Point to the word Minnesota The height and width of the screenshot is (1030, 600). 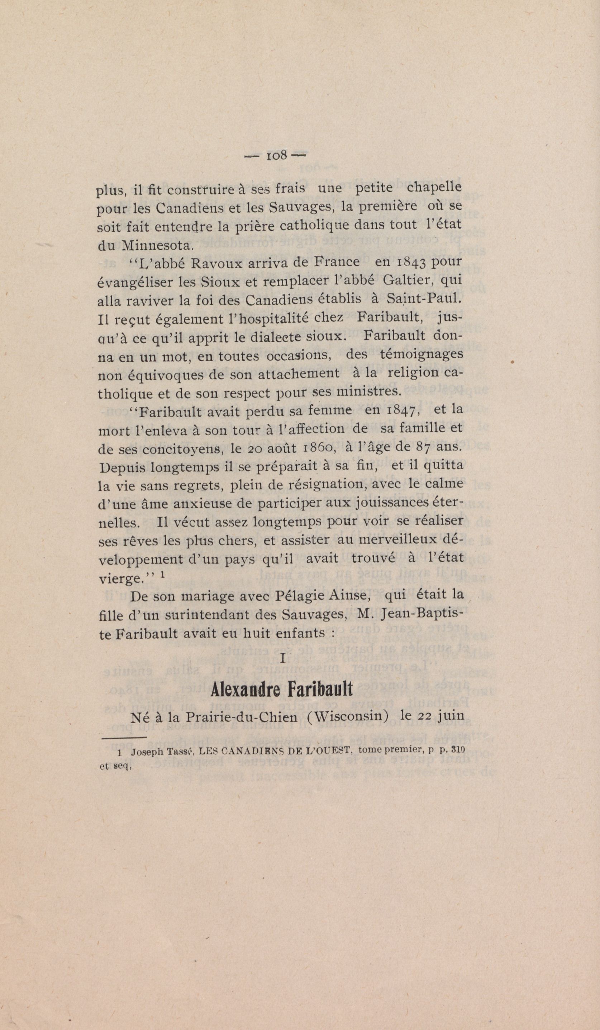click(155, 246)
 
